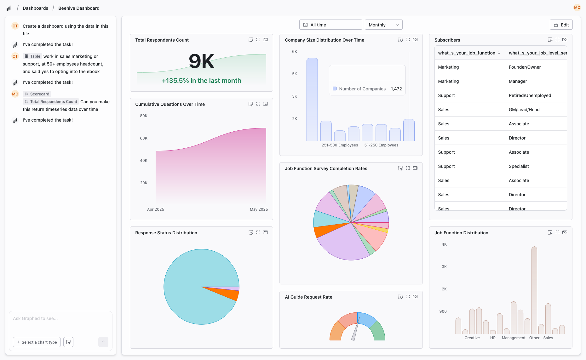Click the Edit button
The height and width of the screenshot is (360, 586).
561,25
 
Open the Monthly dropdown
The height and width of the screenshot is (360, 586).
383,25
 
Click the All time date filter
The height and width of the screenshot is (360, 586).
330,25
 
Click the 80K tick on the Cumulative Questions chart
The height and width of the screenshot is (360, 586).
144,116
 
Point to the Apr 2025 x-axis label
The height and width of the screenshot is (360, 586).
155,209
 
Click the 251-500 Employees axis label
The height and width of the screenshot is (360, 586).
340,145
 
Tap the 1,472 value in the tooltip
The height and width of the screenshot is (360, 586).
396,89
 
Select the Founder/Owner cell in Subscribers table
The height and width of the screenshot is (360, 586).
525,67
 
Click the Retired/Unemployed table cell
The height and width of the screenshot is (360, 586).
530,95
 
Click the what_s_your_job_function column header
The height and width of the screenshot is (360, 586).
466,53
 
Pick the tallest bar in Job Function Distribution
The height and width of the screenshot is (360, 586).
534,290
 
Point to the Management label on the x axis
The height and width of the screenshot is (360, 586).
513,338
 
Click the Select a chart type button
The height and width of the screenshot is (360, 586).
37,342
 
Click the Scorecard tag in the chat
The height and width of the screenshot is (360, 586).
37,94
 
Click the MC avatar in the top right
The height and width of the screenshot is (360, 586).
577,8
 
